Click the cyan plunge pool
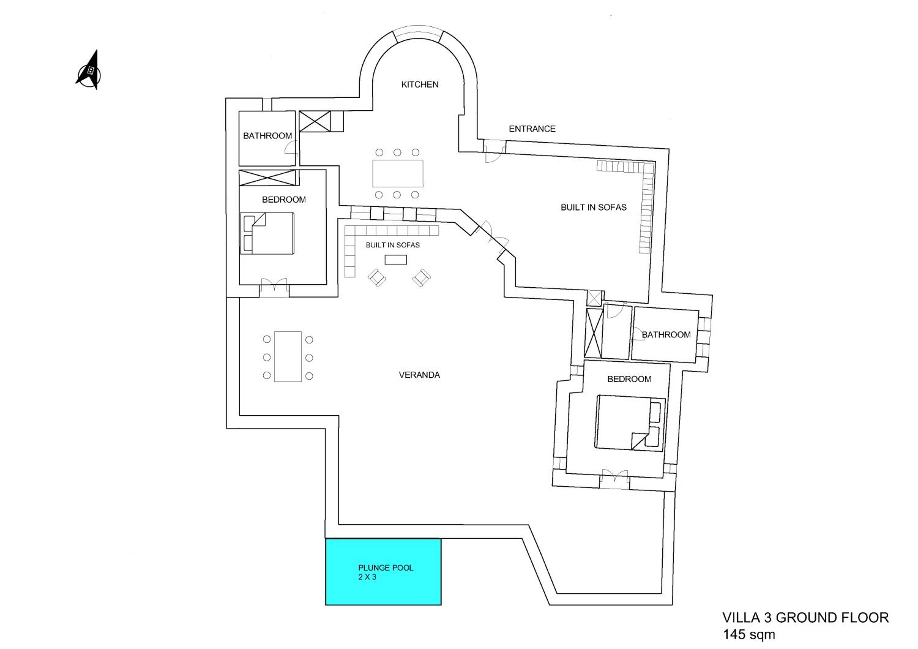click(x=383, y=572)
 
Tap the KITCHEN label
click(x=420, y=84)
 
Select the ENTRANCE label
click(x=532, y=129)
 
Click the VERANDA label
click(x=420, y=375)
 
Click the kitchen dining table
click(x=398, y=174)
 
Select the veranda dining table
click(x=288, y=357)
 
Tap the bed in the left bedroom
click(x=267, y=233)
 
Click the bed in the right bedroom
click(x=630, y=423)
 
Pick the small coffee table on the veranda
click(x=396, y=260)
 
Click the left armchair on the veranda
click(x=377, y=278)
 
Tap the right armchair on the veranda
click(x=421, y=278)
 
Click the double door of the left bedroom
click(x=274, y=285)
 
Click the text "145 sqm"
click(x=749, y=634)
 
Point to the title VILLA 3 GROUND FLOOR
click(x=806, y=618)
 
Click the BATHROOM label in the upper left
click(x=267, y=136)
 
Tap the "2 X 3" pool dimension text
click(x=367, y=577)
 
